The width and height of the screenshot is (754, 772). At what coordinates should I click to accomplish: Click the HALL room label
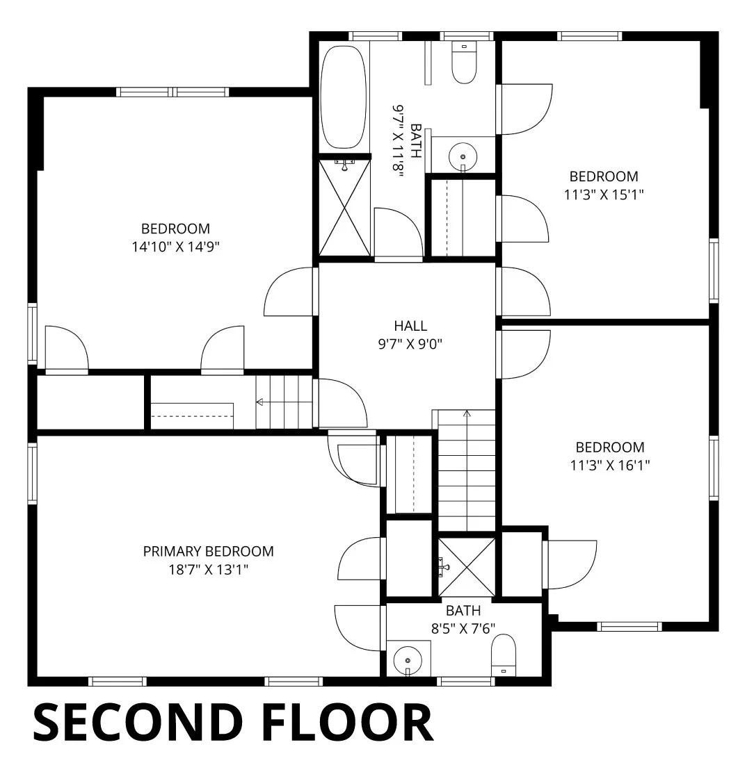[410, 326]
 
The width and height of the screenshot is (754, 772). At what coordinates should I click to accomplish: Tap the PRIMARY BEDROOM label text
[209, 552]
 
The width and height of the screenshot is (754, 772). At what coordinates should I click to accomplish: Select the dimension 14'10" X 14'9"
[175, 247]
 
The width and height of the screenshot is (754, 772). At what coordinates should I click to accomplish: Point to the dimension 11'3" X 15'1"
[604, 195]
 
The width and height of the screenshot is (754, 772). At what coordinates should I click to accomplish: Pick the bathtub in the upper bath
[344, 97]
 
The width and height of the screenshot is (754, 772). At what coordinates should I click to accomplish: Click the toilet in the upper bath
[464, 63]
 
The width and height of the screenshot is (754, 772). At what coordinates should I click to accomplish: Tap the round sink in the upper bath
[463, 156]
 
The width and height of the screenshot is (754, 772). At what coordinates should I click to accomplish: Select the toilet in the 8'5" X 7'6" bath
[503, 655]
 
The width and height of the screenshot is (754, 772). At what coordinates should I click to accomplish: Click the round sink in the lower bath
[408, 659]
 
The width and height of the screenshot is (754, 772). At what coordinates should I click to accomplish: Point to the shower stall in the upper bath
[344, 207]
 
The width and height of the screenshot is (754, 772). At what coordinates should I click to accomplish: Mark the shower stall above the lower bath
[467, 567]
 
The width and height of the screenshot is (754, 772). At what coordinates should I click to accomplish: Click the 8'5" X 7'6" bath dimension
[463, 629]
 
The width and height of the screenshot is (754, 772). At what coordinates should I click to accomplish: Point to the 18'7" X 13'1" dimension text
[209, 570]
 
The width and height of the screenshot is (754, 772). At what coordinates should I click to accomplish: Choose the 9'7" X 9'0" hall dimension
[410, 344]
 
